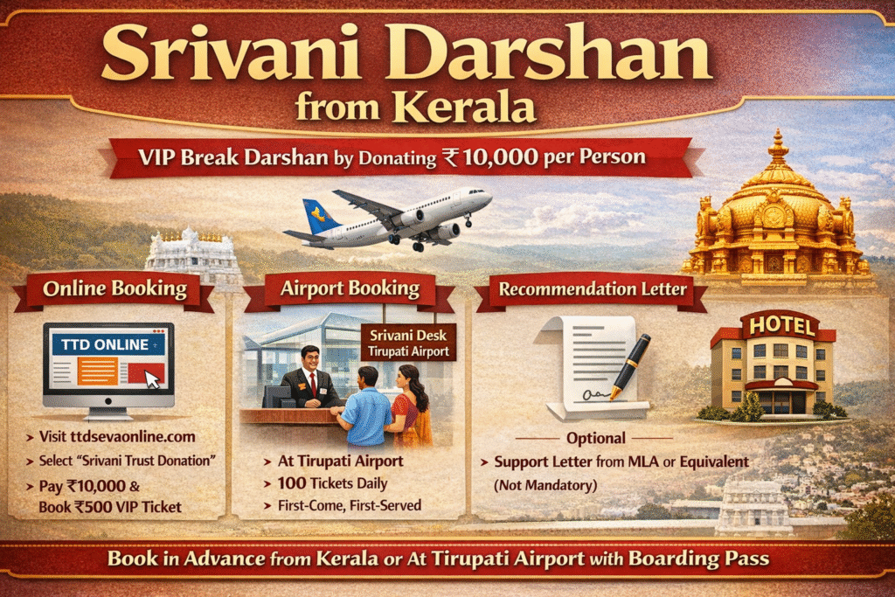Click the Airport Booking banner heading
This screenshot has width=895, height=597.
(x=350, y=288)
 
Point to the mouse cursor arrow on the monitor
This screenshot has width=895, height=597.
(x=152, y=379)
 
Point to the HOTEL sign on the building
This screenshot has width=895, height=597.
(x=778, y=327)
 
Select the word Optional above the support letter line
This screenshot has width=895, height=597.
(x=596, y=438)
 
